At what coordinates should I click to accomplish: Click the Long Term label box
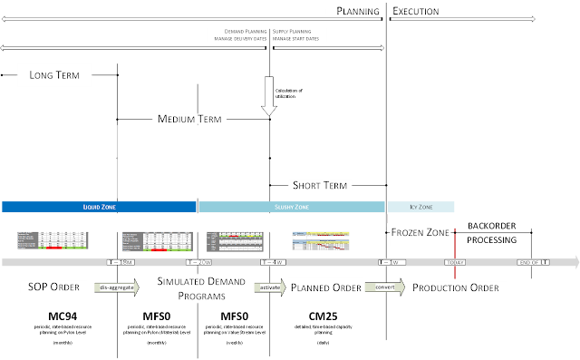(x=55, y=77)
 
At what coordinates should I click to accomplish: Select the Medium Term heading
(x=189, y=119)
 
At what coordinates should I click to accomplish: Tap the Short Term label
(x=319, y=185)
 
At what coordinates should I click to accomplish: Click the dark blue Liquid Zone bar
(x=99, y=207)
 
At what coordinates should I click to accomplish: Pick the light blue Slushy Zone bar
(x=291, y=207)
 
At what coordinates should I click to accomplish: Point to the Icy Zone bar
(x=420, y=207)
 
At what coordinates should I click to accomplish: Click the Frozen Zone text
(x=420, y=233)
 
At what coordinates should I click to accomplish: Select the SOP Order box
(x=53, y=287)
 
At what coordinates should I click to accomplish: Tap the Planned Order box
(x=325, y=287)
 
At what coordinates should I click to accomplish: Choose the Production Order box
(x=454, y=287)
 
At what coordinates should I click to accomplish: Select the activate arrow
(x=269, y=287)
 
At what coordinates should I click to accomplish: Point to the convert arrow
(x=383, y=287)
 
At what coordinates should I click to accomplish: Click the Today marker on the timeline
(x=454, y=263)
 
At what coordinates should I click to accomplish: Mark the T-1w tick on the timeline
(x=391, y=263)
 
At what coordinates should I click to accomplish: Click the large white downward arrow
(x=268, y=95)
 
